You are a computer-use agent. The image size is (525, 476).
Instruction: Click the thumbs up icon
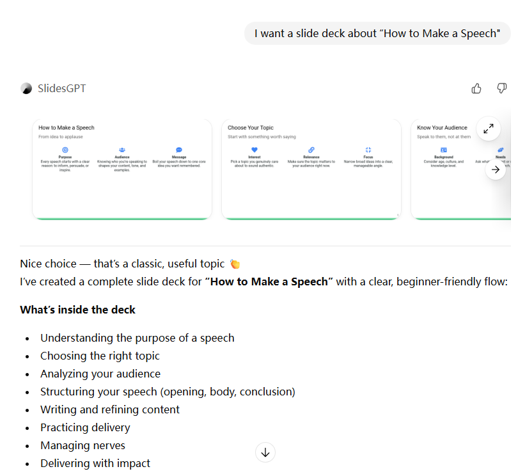(x=476, y=88)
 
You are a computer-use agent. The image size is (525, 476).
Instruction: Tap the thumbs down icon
(x=502, y=88)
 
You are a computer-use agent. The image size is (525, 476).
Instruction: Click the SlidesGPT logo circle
(x=26, y=88)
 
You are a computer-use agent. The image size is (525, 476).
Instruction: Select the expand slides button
(x=489, y=129)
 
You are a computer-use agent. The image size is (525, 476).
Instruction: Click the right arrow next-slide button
(x=496, y=170)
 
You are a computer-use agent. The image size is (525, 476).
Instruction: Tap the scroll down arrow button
(x=265, y=452)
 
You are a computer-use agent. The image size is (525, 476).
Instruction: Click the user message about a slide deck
(x=377, y=33)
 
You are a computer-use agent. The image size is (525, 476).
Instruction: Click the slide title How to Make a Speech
(x=67, y=127)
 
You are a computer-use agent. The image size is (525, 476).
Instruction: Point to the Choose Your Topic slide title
(x=251, y=127)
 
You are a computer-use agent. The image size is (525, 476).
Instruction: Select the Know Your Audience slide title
(x=443, y=127)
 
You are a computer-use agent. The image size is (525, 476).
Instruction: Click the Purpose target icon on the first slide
(x=65, y=150)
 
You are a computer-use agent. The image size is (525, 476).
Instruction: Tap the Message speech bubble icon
(x=179, y=150)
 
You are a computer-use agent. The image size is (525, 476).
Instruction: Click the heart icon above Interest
(x=254, y=150)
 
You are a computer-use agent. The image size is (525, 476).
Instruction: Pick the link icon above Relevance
(x=311, y=150)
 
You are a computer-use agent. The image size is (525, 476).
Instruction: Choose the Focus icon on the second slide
(x=368, y=150)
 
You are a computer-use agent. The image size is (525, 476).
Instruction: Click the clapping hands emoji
(x=235, y=264)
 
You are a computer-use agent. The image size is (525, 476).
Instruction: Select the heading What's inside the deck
(x=77, y=310)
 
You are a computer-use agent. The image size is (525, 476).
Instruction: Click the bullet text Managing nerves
(x=82, y=445)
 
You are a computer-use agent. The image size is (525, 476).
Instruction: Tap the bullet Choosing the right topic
(x=100, y=356)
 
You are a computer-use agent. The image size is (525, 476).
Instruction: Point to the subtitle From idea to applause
(x=61, y=136)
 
